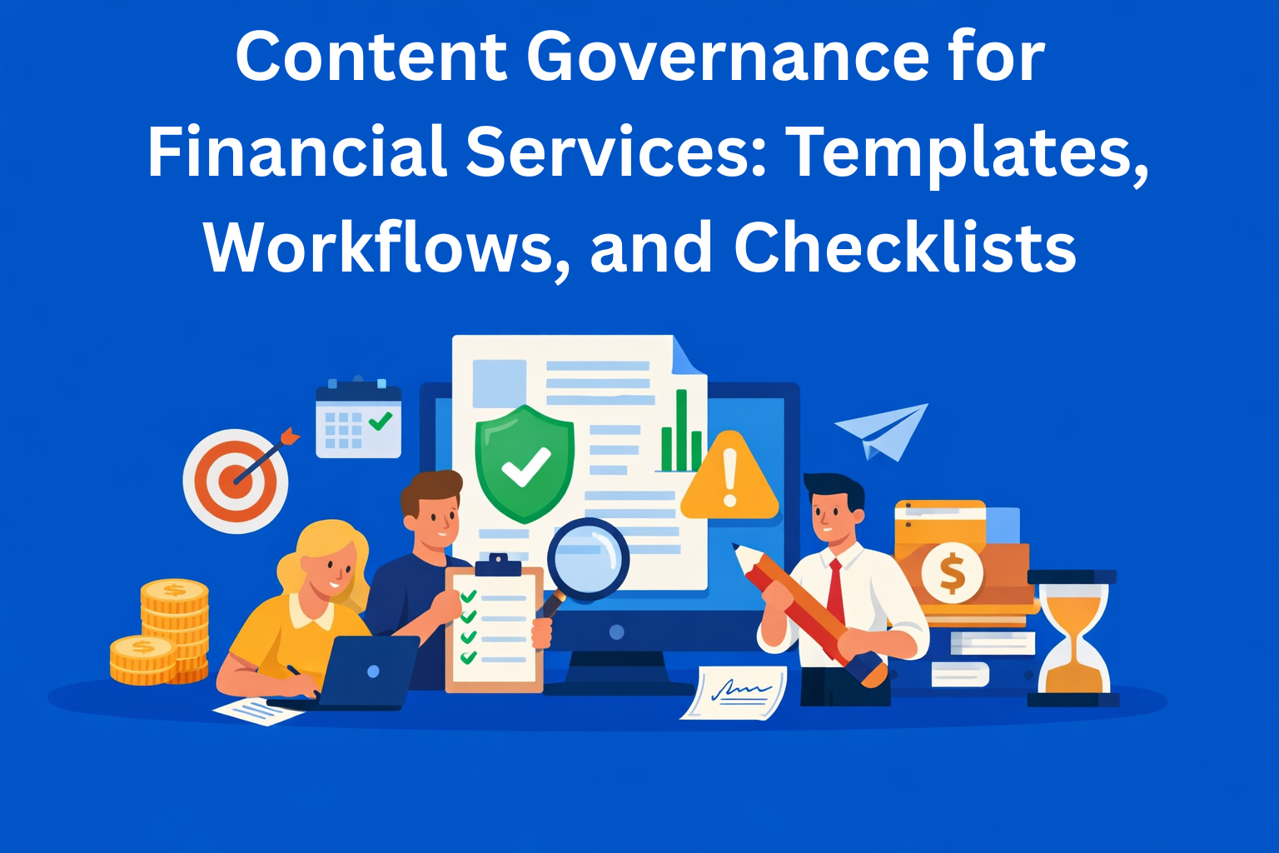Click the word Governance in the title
pos(728,57)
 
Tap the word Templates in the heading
pos(966,152)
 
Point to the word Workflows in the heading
pos(380,247)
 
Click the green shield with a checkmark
pos(525,462)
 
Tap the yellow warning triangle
pos(729,479)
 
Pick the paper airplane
pos(883,429)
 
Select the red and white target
pos(236,481)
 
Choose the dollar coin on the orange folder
pos(952,572)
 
